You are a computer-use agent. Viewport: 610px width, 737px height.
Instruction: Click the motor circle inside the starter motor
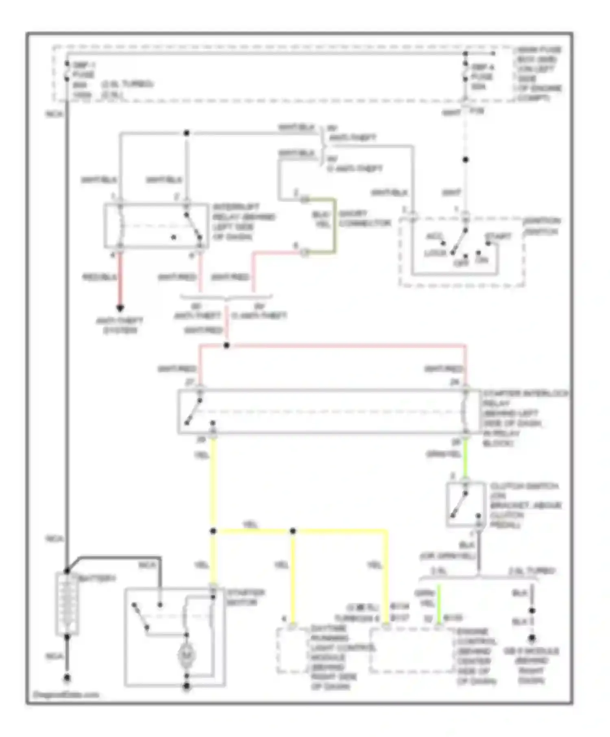point(187,655)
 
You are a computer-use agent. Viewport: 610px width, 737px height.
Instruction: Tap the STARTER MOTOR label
point(246,597)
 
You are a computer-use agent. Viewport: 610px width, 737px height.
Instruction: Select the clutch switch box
point(466,504)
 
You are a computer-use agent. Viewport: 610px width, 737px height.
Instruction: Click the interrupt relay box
point(156,226)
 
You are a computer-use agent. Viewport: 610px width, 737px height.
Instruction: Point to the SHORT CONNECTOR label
point(364,218)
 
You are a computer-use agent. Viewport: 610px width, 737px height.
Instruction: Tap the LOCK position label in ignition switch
point(435,253)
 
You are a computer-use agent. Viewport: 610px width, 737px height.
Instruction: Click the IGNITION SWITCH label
point(542,226)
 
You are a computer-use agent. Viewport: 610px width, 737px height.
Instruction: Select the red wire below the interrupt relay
point(120,276)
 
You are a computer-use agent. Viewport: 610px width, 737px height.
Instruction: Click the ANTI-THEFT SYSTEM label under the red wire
point(120,325)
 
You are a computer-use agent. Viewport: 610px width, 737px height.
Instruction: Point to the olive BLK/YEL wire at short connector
point(335,225)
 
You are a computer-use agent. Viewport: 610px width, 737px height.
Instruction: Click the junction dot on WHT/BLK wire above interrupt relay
point(187,133)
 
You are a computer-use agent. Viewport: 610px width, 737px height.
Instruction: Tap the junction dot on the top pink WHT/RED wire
point(227,345)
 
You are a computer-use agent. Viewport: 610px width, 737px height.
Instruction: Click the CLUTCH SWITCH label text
point(525,505)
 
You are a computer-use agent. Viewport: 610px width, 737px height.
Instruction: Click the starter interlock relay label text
point(525,418)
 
